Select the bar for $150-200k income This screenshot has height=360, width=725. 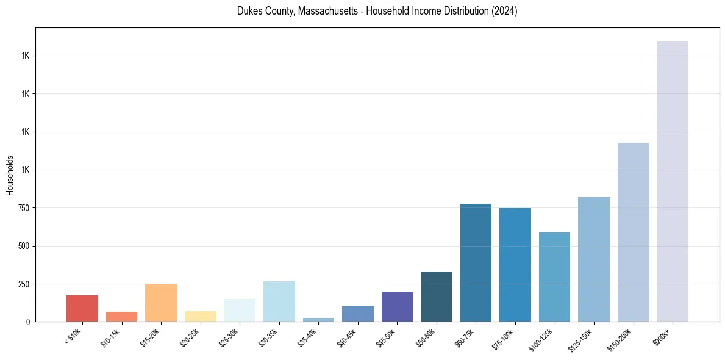(x=633, y=232)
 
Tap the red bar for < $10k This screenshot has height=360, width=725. (x=82, y=308)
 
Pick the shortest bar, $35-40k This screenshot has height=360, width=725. (x=318, y=319)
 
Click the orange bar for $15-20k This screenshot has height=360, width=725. (x=161, y=303)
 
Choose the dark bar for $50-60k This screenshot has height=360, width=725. (x=437, y=297)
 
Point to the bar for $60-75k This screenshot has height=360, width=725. (x=476, y=262)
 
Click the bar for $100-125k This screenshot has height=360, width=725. (x=554, y=277)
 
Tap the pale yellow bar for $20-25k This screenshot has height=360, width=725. (x=201, y=316)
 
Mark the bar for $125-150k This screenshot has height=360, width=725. (x=594, y=259)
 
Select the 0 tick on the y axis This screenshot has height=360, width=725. (x=29, y=322)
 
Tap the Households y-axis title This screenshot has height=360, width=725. (x=10, y=175)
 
